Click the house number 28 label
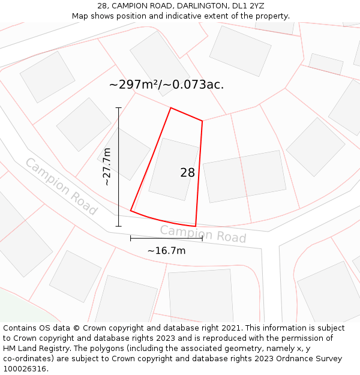click(187, 173)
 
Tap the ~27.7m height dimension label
click(107, 166)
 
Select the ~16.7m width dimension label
click(166, 251)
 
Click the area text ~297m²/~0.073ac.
click(166, 85)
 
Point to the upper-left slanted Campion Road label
click(61, 187)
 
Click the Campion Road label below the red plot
click(203, 234)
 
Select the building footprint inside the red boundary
click(173, 169)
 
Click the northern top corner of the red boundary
click(171, 108)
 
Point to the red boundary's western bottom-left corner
click(131, 211)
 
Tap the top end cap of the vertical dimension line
click(118, 108)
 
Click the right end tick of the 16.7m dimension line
click(202, 238)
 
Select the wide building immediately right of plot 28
click(244, 176)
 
